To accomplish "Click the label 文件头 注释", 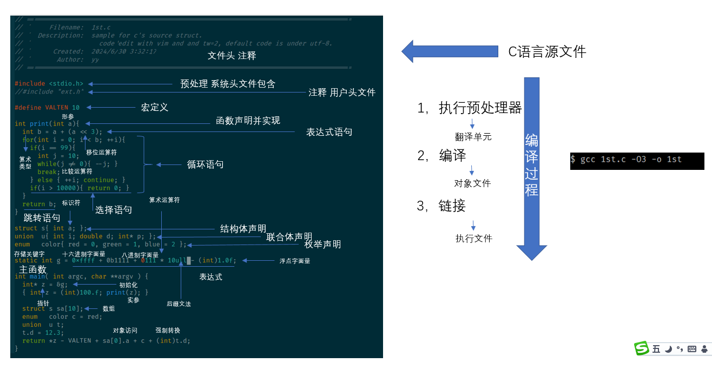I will (232, 56).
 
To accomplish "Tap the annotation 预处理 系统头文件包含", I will (228, 84).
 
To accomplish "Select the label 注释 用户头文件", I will (341, 93).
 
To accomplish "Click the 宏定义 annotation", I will (155, 108).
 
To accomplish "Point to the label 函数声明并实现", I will (248, 121).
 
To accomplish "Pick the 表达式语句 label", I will (329, 132).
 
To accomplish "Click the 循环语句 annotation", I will (205, 164).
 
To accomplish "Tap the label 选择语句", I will (114, 210).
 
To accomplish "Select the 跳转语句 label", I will (42, 218).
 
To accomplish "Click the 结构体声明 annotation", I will (243, 229).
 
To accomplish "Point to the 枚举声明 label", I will (322, 245).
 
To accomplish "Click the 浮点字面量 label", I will (295, 261).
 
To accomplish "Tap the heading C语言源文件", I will (547, 52).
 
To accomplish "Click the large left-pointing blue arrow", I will (449, 51).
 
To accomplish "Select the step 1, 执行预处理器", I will (469, 108).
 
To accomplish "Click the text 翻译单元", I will (473, 137).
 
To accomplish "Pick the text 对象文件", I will (472, 183).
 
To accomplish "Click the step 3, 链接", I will (441, 206).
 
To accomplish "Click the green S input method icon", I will (642, 349).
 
